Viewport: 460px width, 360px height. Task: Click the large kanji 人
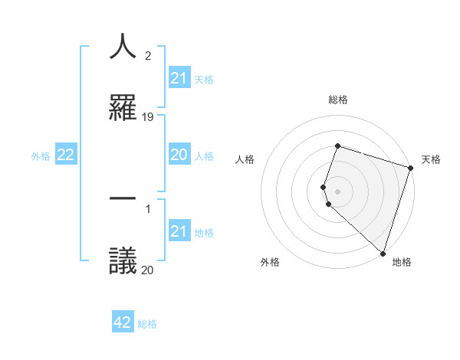click(x=123, y=47)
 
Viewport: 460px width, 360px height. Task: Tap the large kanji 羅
click(x=123, y=106)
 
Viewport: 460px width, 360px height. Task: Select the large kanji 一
click(x=123, y=198)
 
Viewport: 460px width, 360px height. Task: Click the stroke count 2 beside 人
click(x=147, y=56)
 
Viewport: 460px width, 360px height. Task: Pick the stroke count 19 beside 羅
click(x=148, y=116)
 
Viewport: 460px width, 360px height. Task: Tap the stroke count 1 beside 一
click(x=147, y=208)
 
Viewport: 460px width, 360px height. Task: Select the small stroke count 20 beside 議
click(x=148, y=269)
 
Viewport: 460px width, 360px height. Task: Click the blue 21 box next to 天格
click(x=179, y=78)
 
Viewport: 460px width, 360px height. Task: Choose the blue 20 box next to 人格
click(x=179, y=155)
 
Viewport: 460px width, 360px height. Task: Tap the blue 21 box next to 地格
click(x=179, y=231)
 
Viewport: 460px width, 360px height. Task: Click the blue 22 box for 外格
click(x=66, y=155)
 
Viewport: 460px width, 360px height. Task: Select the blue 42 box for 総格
click(x=123, y=322)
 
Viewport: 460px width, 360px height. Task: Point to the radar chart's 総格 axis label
click(x=338, y=100)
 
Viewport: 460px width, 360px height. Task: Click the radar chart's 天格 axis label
click(x=432, y=159)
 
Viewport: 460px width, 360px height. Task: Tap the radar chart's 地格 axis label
click(x=402, y=262)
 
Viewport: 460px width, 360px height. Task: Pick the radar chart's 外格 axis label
click(x=270, y=262)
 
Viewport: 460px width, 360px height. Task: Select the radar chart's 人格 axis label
click(x=245, y=159)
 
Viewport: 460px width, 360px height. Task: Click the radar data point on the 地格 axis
click(x=383, y=253)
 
